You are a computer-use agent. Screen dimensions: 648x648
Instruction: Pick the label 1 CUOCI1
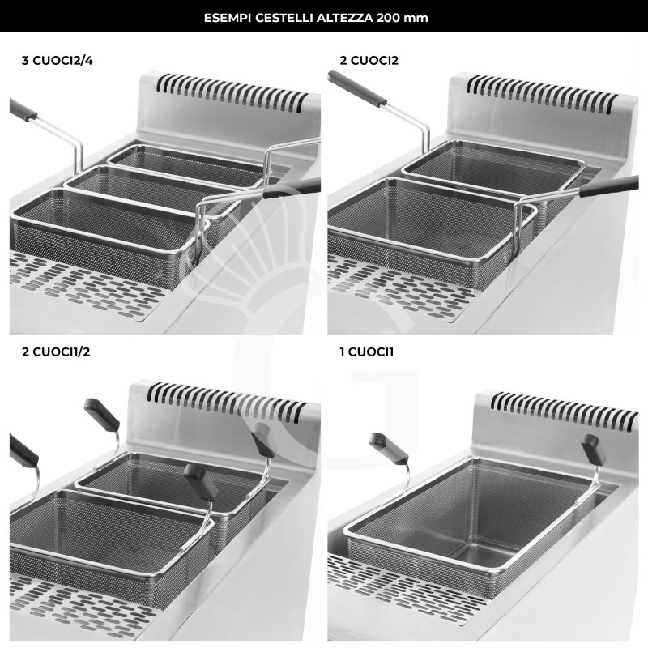(367, 352)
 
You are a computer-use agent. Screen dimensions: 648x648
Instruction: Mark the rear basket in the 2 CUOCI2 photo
(494, 166)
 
